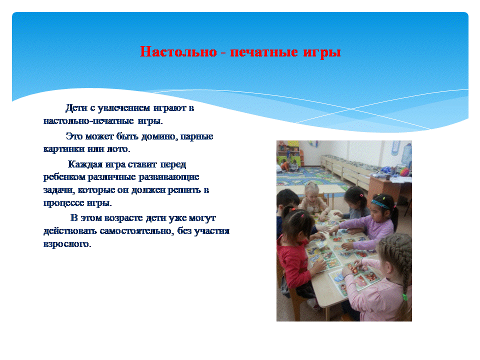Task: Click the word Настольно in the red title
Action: click(x=178, y=51)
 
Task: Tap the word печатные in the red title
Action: click(x=264, y=52)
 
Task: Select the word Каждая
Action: click(x=85, y=164)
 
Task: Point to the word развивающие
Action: click(x=169, y=177)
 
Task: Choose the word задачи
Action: click(x=59, y=190)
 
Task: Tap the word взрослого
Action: click(x=67, y=244)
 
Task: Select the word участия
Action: click(x=212, y=231)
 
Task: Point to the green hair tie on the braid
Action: click(x=404, y=297)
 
